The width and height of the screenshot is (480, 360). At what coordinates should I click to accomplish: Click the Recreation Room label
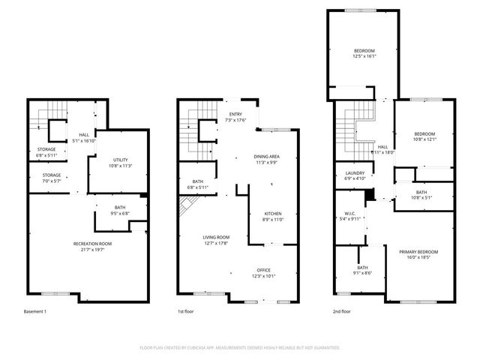pos(92,244)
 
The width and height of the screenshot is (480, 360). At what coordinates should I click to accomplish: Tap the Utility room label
pos(120,160)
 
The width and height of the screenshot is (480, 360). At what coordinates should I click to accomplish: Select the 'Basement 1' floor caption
pos(34,310)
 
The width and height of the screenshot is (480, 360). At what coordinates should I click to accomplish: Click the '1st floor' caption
pos(186,310)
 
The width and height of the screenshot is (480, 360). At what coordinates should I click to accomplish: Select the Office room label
pos(263,270)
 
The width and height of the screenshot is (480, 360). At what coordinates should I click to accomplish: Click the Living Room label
pos(216,237)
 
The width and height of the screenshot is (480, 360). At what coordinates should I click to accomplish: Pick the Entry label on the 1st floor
pos(234,115)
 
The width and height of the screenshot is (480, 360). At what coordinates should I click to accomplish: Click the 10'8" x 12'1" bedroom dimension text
pos(424,139)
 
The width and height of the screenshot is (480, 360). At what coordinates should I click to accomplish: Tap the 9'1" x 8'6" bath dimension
pos(362,272)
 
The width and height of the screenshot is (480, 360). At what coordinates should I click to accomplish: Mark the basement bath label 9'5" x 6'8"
pos(120,212)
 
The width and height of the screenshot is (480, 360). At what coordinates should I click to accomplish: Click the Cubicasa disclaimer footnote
pos(240,348)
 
